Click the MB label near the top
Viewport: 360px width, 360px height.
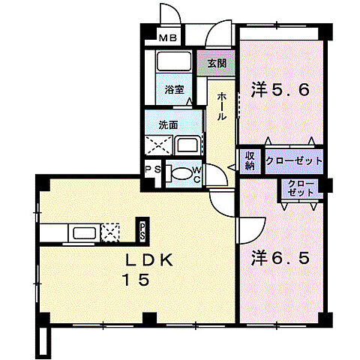[168, 38]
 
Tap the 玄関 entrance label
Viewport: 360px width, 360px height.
[217, 64]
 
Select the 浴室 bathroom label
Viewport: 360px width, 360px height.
[175, 89]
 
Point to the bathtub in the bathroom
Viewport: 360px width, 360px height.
[174, 61]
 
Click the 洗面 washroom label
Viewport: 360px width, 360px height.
[168, 125]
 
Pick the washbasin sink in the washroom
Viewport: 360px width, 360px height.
[187, 145]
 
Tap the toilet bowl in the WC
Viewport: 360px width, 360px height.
[181, 173]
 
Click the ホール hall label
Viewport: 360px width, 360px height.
[221, 106]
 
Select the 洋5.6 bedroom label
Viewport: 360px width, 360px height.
[280, 90]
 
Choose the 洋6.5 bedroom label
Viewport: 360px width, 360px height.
[280, 258]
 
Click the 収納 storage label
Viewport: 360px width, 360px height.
[250, 160]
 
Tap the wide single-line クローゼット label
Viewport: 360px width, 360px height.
[294, 160]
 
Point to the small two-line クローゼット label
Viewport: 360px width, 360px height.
[301, 188]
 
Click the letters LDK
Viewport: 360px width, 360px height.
[149, 260]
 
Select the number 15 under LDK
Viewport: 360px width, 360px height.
[136, 280]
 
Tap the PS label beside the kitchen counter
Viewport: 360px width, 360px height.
[142, 231]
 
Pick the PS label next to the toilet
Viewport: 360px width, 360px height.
[153, 169]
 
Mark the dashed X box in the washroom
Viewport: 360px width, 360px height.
[159, 145]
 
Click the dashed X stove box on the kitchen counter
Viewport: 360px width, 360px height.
[110, 232]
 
